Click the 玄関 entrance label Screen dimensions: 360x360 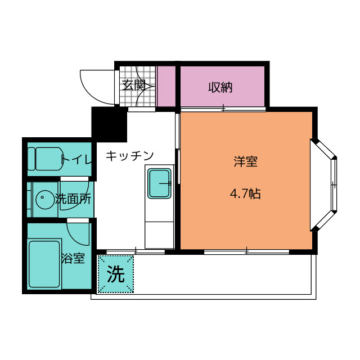click(134, 85)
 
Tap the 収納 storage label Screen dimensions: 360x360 click(220, 87)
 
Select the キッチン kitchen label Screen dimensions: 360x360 click(129, 155)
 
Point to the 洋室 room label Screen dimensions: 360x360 click(245, 162)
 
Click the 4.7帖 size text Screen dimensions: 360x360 click(245, 194)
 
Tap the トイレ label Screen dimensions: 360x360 click(75, 159)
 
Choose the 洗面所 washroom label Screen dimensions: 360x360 click(73, 199)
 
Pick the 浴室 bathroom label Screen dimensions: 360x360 click(73, 259)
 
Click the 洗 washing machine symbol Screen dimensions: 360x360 click(116, 274)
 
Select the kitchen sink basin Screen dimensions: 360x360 click(159, 183)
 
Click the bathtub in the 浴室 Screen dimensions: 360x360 click(44, 263)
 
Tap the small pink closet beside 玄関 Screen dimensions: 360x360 click(166, 85)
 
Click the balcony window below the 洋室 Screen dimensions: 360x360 click(246, 251)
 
